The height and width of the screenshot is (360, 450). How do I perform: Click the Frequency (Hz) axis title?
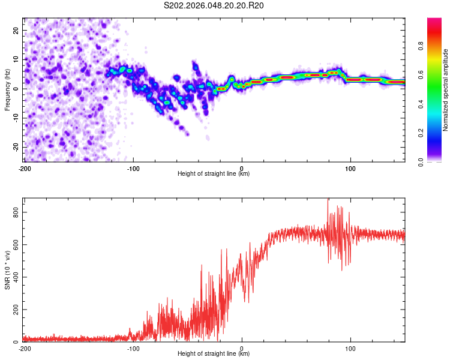7,90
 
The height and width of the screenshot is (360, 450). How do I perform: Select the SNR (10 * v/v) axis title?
7,270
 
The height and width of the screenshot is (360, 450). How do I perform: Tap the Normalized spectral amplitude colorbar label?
445,90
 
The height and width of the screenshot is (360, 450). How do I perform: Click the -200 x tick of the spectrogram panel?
25,168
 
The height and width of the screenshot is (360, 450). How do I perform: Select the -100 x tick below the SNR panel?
133,348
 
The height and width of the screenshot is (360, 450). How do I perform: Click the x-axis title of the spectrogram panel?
214,174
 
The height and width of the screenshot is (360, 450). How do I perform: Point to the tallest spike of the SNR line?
328,200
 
